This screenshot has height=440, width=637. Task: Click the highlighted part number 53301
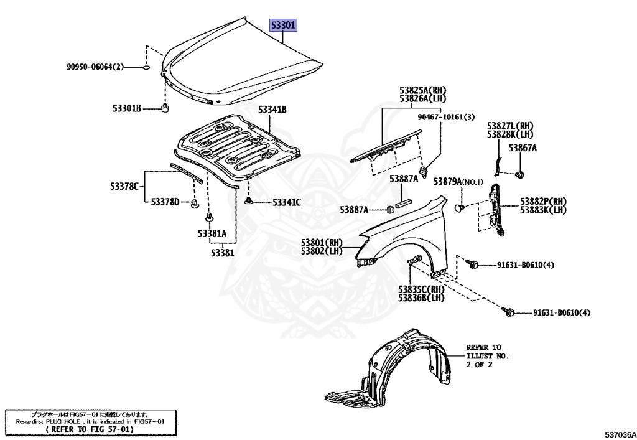click(x=283, y=26)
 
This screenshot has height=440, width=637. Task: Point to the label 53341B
click(x=272, y=110)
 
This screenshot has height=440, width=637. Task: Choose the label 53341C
click(x=286, y=202)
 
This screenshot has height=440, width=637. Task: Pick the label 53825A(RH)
click(x=422, y=90)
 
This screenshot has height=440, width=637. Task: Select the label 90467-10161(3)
click(x=445, y=117)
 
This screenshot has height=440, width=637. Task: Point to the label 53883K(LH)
click(x=543, y=210)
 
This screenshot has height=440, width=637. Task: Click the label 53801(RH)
click(x=322, y=243)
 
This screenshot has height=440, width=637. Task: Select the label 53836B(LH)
click(x=421, y=298)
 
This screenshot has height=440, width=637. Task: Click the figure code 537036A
click(x=619, y=433)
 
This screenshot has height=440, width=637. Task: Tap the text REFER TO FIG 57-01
click(x=89, y=429)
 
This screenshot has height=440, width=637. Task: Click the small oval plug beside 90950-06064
click(x=146, y=67)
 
